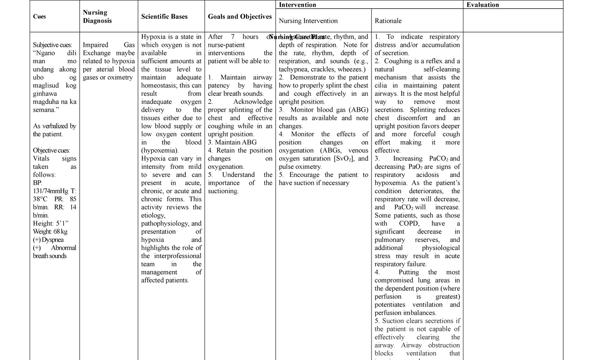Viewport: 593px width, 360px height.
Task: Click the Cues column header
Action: click(x=40, y=17)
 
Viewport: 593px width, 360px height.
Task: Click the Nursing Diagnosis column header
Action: click(x=97, y=17)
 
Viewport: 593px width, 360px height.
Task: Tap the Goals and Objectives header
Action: click(x=240, y=17)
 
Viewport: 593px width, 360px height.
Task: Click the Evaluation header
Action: click(x=483, y=5)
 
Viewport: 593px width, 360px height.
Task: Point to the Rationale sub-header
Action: click(x=388, y=21)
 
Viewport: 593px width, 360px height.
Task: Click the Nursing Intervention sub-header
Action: click(x=308, y=21)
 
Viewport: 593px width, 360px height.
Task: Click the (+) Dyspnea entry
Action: click(x=48, y=240)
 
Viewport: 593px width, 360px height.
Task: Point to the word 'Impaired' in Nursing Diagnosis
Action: click(x=96, y=45)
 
